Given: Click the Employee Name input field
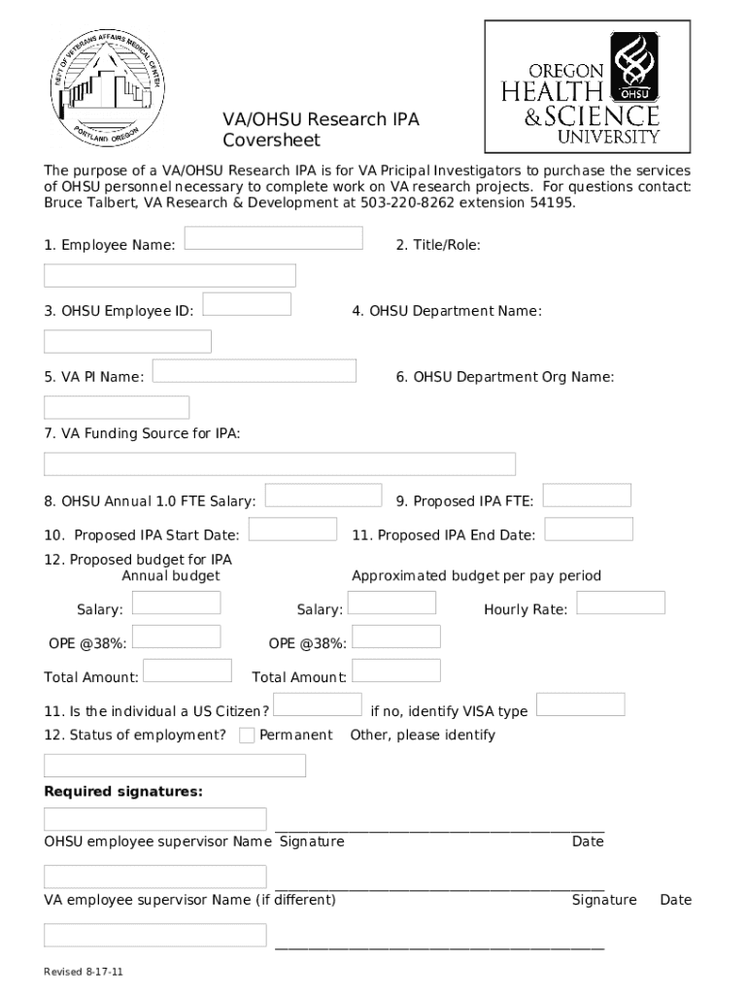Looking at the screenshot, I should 273,238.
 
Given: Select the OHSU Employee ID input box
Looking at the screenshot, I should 247,304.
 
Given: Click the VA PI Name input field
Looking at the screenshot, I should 255,370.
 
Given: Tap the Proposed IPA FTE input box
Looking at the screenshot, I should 587,496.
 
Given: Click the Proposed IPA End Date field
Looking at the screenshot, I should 589,530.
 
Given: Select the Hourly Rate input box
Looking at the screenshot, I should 621,602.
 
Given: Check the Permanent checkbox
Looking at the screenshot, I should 248,736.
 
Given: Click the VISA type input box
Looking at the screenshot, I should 581,704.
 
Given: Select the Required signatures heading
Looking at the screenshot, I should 123,792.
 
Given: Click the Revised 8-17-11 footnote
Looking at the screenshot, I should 83,972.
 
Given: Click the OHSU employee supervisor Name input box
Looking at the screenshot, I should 155,819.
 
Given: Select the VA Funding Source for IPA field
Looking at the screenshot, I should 280,464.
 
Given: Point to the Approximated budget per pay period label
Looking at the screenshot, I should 476,576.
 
